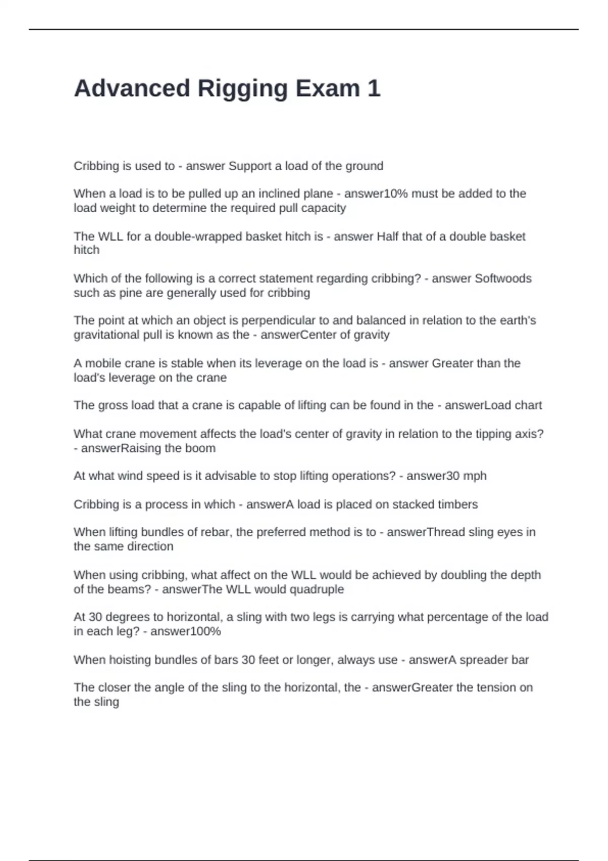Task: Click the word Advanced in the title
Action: pos(132,89)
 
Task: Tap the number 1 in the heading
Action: pos(373,89)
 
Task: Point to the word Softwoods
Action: pos(503,279)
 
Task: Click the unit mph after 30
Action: pos(475,476)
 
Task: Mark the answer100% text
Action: pos(185,632)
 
